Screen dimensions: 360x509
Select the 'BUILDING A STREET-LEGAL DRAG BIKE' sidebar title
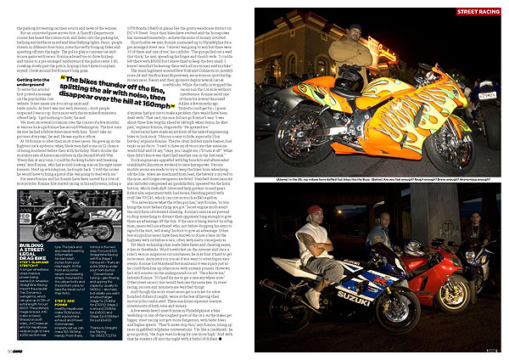pos(51,233)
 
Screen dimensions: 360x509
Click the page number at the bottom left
pos(8,349)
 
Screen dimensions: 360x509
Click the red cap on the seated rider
pos(314,210)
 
